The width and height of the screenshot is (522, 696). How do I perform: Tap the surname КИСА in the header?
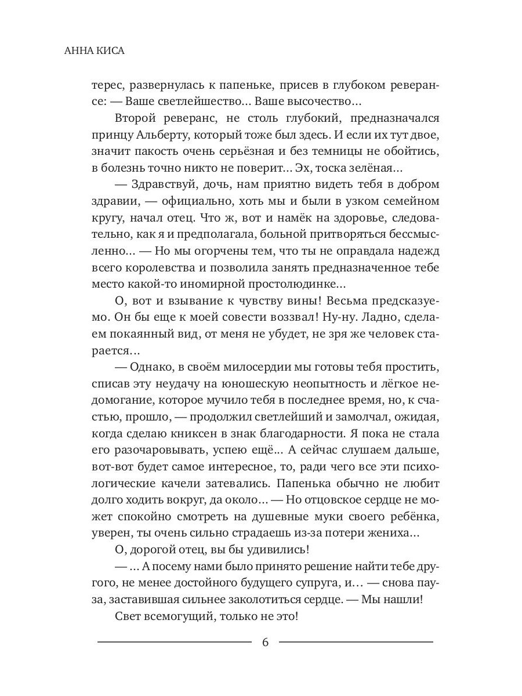coord(110,51)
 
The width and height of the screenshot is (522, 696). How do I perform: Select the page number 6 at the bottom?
coord(266,642)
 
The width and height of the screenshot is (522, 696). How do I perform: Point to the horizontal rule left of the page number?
coord(175,642)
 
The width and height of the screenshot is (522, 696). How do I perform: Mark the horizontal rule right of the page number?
coord(356,642)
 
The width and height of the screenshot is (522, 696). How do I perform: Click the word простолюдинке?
coord(294,285)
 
